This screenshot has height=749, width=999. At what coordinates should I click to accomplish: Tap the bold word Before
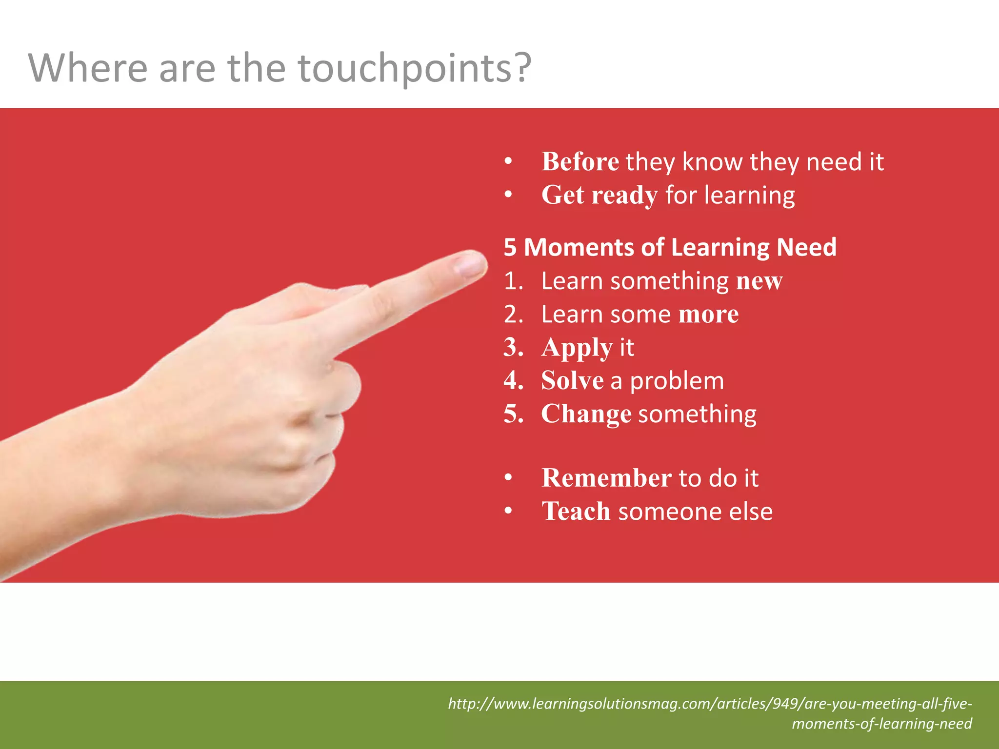pos(580,162)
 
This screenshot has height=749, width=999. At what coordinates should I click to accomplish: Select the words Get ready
pos(599,196)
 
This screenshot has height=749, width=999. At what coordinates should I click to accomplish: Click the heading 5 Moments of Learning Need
pos(670,247)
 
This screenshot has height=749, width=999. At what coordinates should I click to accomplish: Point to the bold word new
pos(759,281)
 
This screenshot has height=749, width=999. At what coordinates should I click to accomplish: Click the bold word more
pos(708,315)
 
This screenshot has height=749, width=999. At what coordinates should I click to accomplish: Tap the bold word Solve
pos(572,381)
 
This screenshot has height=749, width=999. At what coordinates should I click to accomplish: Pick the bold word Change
pos(586,414)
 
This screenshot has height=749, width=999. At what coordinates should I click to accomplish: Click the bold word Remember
pos(606,478)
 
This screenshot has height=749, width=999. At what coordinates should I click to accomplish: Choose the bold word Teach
pos(576,512)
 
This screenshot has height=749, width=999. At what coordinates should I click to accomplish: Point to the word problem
pos(677,381)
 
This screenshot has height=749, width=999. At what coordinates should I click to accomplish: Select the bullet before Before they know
pos(508,162)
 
